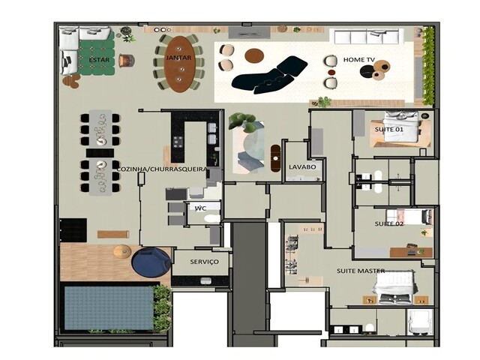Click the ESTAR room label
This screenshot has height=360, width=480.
[x=97, y=59]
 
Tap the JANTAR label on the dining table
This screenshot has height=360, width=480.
[x=178, y=57]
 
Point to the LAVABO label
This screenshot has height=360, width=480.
[x=302, y=166]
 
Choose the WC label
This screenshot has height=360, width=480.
[x=200, y=208]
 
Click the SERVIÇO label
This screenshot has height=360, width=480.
[x=205, y=262]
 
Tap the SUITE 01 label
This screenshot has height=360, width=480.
[x=388, y=130]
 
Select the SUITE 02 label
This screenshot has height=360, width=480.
[x=388, y=223]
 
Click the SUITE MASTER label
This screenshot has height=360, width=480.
[x=361, y=270]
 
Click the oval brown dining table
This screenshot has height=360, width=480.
[x=178, y=64]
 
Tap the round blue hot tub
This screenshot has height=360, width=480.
[x=151, y=262]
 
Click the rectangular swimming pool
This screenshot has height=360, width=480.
[x=108, y=307]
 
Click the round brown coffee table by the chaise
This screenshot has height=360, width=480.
[x=254, y=55]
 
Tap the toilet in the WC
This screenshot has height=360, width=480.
[x=213, y=219]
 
